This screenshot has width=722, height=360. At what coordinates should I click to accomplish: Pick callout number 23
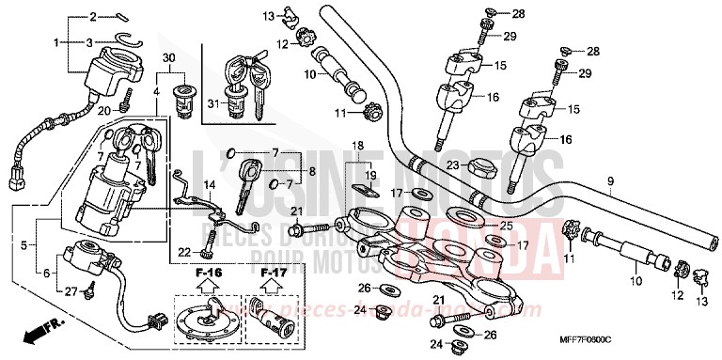click(451, 165)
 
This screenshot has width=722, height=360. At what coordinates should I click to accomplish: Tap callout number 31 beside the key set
click(212, 104)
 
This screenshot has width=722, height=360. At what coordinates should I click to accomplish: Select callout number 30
click(169, 58)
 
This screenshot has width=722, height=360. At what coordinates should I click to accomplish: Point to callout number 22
click(184, 251)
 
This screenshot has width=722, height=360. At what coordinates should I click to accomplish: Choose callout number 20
click(107, 111)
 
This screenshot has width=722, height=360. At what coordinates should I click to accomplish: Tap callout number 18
click(357, 146)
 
